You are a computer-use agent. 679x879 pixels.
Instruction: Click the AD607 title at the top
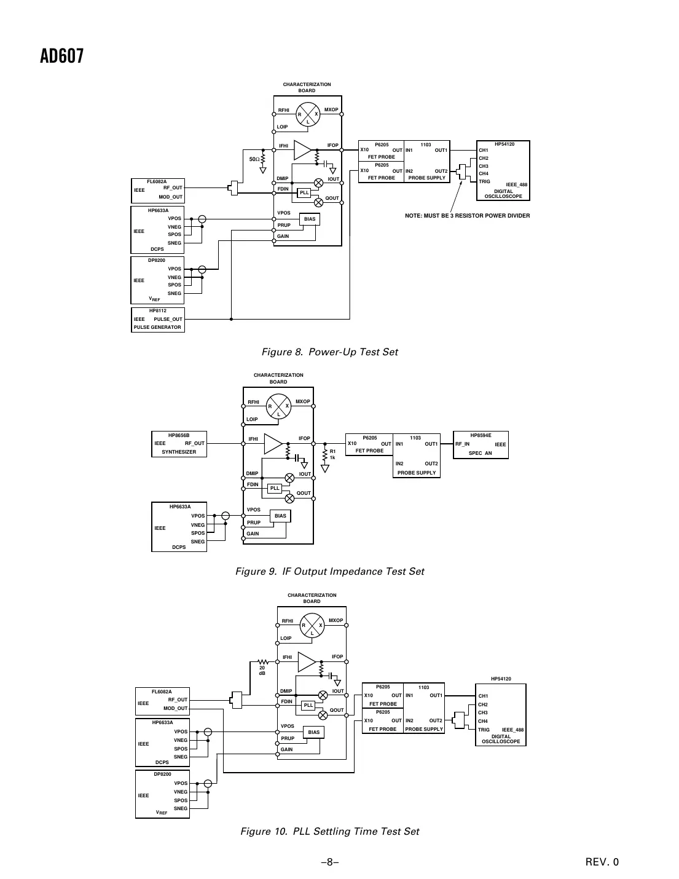[61, 57]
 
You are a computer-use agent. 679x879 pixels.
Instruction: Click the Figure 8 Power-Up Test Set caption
[329, 352]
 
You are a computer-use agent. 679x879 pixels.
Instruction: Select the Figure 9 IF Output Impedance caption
[329, 572]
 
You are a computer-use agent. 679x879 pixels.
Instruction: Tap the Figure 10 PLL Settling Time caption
[329, 832]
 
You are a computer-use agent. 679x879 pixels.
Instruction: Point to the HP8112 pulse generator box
[158, 320]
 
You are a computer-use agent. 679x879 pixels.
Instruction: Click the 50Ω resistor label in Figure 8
[254, 159]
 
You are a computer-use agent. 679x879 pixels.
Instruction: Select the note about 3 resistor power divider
[467, 216]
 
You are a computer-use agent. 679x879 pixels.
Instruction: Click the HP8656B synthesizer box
[179, 444]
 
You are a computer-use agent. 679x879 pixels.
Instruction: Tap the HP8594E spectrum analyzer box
[481, 444]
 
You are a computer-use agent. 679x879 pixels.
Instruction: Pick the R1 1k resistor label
[332, 454]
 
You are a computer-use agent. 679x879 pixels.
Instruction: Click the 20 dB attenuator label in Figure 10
[262, 670]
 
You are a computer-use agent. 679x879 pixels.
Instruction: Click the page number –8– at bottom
[329, 862]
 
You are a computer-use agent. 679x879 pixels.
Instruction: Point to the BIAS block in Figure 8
[310, 219]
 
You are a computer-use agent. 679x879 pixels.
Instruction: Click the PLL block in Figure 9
[275, 488]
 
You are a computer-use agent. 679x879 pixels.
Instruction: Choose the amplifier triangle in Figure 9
[273, 444]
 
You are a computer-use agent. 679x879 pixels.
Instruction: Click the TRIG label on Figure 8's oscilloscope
[484, 182]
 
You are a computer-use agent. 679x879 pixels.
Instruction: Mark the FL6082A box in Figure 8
[158, 190]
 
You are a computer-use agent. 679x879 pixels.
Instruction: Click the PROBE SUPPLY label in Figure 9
[417, 473]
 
